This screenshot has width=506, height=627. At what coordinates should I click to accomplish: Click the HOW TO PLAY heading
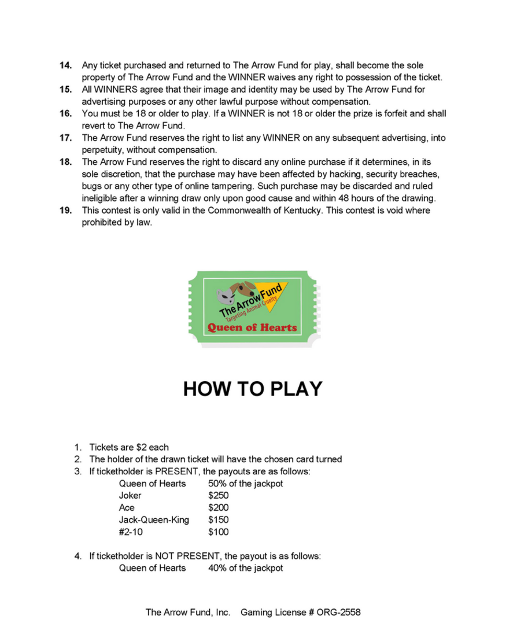click(x=253, y=389)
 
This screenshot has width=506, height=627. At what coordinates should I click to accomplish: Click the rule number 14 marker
click(x=65, y=65)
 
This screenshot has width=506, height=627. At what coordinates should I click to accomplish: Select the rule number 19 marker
click(x=65, y=211)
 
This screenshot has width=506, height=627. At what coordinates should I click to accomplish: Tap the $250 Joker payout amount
click(x=218, y=496)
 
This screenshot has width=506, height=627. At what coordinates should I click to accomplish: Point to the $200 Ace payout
click(x=218, y=508)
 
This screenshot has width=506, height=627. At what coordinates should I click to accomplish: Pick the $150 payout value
click(x=218, y=520)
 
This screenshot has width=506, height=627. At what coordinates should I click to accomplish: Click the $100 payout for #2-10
click(x=218, y=532)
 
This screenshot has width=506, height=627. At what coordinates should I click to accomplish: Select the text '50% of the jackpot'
click(x=245, y=484)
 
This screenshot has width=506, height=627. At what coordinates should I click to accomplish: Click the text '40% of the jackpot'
click(x=245, y=568)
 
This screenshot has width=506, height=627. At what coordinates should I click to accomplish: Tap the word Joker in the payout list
click(x=130, y=496)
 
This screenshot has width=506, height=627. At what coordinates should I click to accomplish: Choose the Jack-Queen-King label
click(x=154, y=520)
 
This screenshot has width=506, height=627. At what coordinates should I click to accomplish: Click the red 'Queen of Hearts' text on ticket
click(x=252, y=327)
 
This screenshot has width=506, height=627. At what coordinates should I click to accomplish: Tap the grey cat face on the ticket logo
click(x=225, y=297)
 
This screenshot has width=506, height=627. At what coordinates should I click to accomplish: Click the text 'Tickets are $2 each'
click(x=129, y=447)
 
